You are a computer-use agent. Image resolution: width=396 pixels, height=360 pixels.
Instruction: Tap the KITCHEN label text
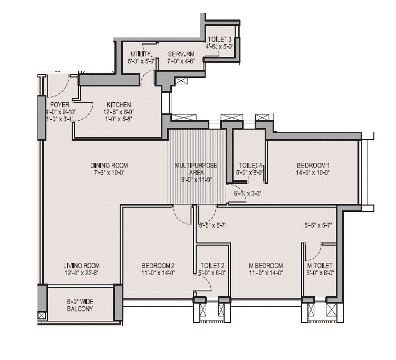(x=118, y=105)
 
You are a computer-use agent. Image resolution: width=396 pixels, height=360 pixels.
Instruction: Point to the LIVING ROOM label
(x=81, y=266)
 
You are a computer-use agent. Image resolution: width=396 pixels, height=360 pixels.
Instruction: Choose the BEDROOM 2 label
(x=158, y=266)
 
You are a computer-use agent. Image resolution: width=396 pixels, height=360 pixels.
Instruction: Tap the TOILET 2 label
(x=213, y=266)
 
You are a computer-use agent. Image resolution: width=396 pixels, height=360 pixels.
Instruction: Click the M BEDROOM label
(x=266, y=266)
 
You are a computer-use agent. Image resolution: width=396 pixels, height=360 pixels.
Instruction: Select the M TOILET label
(x=320, y=266)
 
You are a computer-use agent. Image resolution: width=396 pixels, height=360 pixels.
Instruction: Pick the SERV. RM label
(x=181, y=54)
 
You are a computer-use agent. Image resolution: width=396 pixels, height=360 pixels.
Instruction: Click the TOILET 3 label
(x=220, y=40)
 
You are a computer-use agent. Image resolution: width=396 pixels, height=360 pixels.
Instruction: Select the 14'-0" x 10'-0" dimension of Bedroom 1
(x=313, y=172)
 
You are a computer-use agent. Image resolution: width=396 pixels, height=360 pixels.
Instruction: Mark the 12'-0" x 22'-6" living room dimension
(x=81, y=273)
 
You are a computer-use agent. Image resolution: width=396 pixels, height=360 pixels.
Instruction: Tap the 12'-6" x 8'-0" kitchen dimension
(x=118, y=112)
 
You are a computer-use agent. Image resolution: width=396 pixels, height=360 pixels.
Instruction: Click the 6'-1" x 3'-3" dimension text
(x=248, y=193)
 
